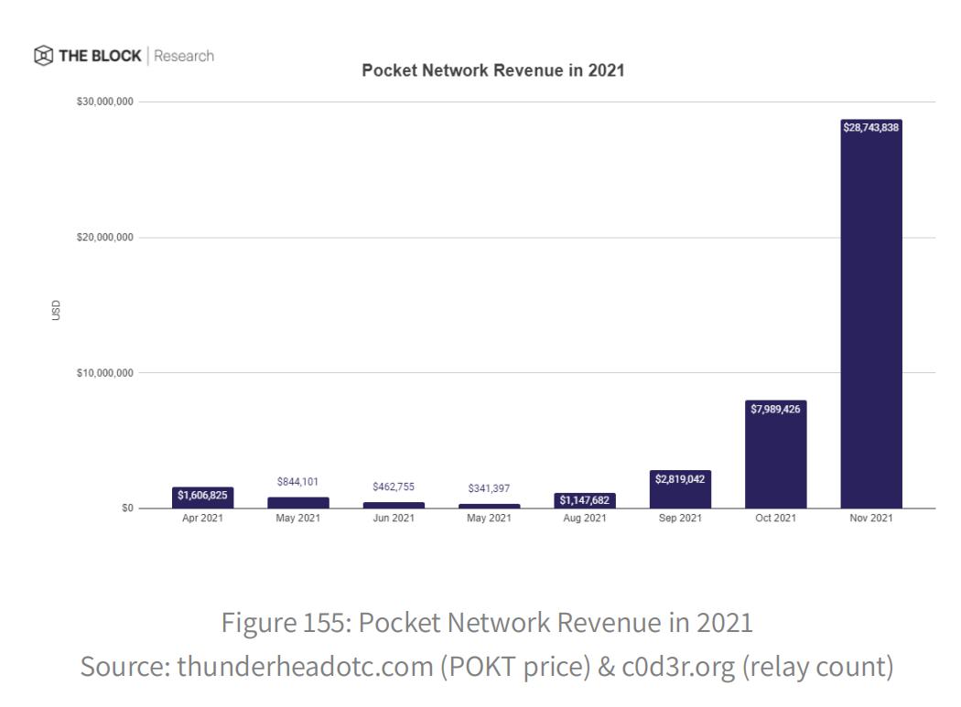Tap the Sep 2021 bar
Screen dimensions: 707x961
680,489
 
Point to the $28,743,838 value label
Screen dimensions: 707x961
871,128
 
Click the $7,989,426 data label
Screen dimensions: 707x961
776,409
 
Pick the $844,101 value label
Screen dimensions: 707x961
298,482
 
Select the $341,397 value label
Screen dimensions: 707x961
489,488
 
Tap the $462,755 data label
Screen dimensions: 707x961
394,487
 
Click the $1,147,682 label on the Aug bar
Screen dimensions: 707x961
585,499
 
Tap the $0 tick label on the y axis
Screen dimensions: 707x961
127,509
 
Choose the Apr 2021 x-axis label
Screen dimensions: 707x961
203,519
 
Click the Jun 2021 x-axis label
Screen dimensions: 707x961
394,519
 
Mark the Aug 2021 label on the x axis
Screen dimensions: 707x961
585,519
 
